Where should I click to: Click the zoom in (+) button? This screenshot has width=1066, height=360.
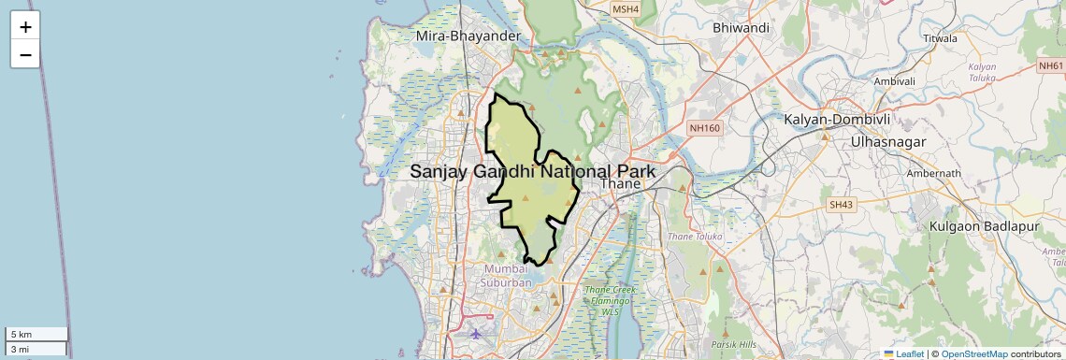point(25,27)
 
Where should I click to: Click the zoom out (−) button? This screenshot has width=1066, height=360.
point(25,54)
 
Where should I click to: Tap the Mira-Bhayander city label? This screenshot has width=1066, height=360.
point(468,36)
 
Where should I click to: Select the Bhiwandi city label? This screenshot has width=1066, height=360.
point(741,28)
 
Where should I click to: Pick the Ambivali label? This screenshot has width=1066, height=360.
point(894,81)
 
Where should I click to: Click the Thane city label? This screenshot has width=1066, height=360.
point(621,184)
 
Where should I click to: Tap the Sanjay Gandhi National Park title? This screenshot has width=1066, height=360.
point(533,172)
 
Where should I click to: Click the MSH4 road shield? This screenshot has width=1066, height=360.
point(625,9)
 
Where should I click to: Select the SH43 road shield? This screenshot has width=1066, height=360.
point(842,204)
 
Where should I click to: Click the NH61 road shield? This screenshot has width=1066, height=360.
point(1051,65)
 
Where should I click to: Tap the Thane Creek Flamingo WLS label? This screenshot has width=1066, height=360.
point(611,300)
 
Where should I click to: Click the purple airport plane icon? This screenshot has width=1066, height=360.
point(477,333)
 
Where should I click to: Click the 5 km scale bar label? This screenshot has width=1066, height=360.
point(22,335)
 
